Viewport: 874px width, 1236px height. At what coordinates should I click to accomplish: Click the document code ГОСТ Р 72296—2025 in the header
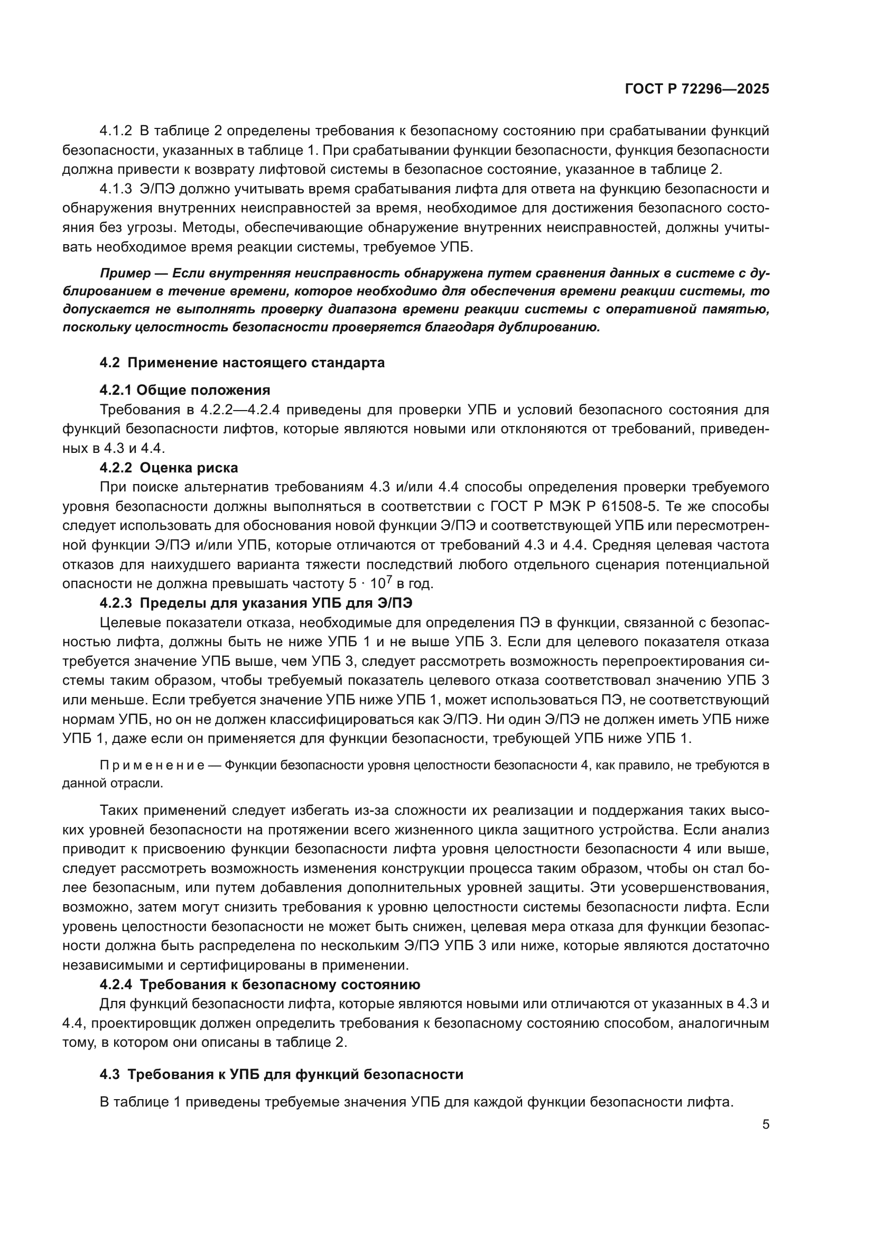pos(697,89)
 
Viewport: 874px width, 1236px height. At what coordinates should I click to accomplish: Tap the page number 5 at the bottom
pos(766,1125)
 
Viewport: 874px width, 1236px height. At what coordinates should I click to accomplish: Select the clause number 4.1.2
pos(116,131)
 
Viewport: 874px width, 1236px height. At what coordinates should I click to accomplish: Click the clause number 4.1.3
pos(116,189)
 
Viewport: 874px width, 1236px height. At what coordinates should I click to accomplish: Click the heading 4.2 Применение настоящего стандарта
pos(242,363)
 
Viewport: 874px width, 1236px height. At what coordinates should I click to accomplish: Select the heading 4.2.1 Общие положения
pos(184,390)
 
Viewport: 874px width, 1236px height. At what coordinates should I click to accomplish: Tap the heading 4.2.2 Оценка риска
pos(169,467)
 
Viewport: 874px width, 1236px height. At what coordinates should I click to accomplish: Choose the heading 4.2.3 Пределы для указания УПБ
pos(259,603)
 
